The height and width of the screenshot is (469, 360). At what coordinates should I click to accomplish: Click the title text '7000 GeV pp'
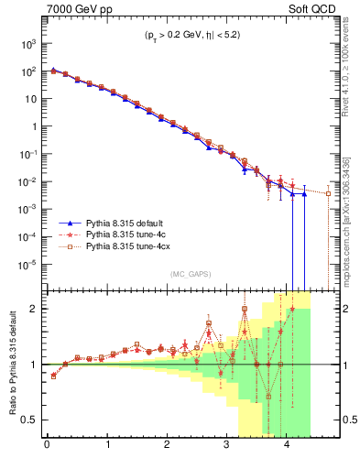[x=74, y=8]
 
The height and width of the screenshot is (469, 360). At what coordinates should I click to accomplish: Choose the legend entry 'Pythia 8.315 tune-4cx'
[x=122, y=246]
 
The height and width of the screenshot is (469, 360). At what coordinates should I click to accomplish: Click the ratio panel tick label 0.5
[x=29, y=420]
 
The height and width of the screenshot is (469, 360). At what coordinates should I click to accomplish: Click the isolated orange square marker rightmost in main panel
[x=328, y=193]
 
